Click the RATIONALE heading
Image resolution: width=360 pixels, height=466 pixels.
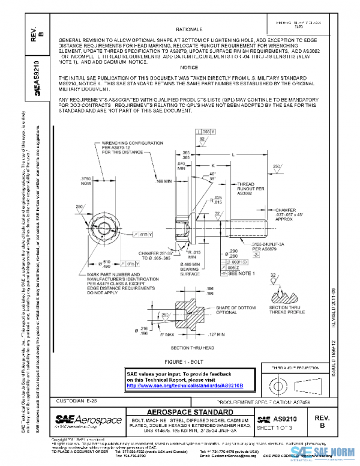click(189, 29)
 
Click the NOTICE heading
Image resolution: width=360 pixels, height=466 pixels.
click(188, 68)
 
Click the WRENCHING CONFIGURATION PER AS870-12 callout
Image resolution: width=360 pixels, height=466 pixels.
click(124, 148)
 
